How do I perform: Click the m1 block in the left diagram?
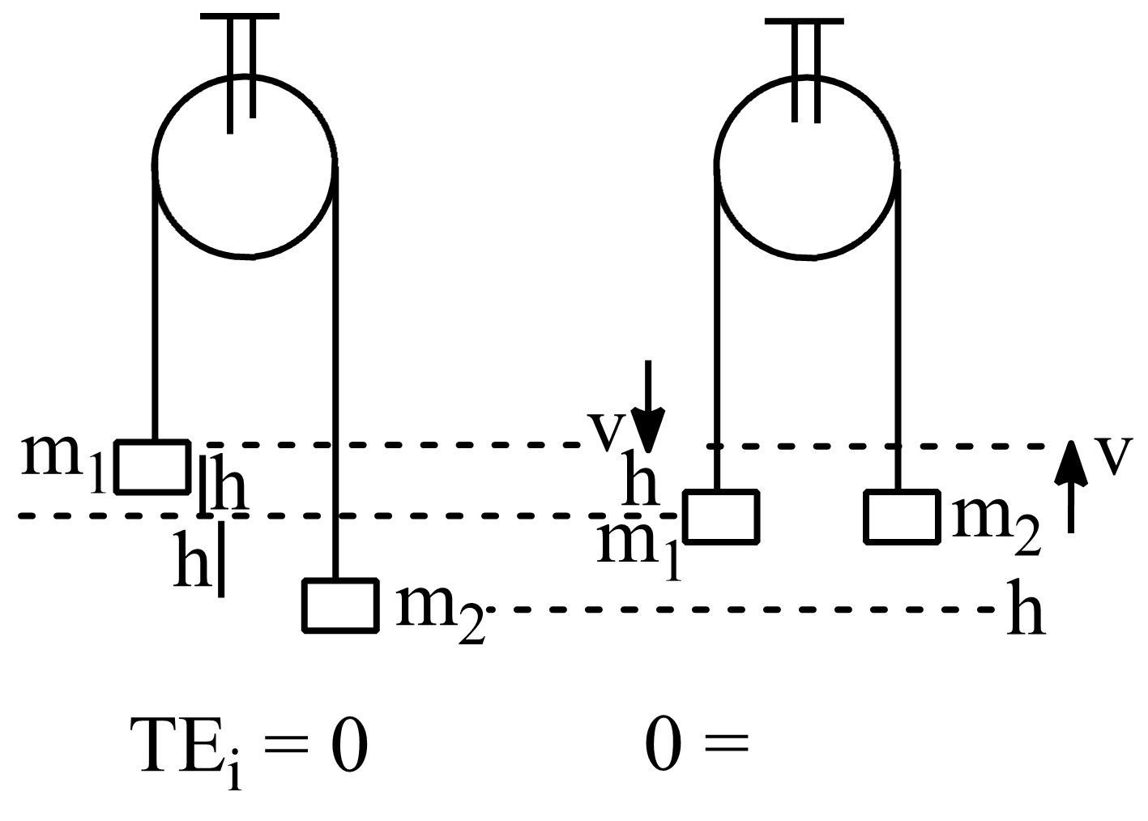(152, 467)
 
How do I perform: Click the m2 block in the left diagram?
(340, 605)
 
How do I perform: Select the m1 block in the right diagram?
(721, 516)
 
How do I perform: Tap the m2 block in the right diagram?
(901, 516)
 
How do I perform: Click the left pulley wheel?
(245, 166)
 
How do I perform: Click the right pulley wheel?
(806, 166)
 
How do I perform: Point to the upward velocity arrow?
(1071, 486)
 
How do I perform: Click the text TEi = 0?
(249, 747)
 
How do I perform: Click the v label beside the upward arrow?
(1115, 456)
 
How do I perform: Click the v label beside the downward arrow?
(606, 434)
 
